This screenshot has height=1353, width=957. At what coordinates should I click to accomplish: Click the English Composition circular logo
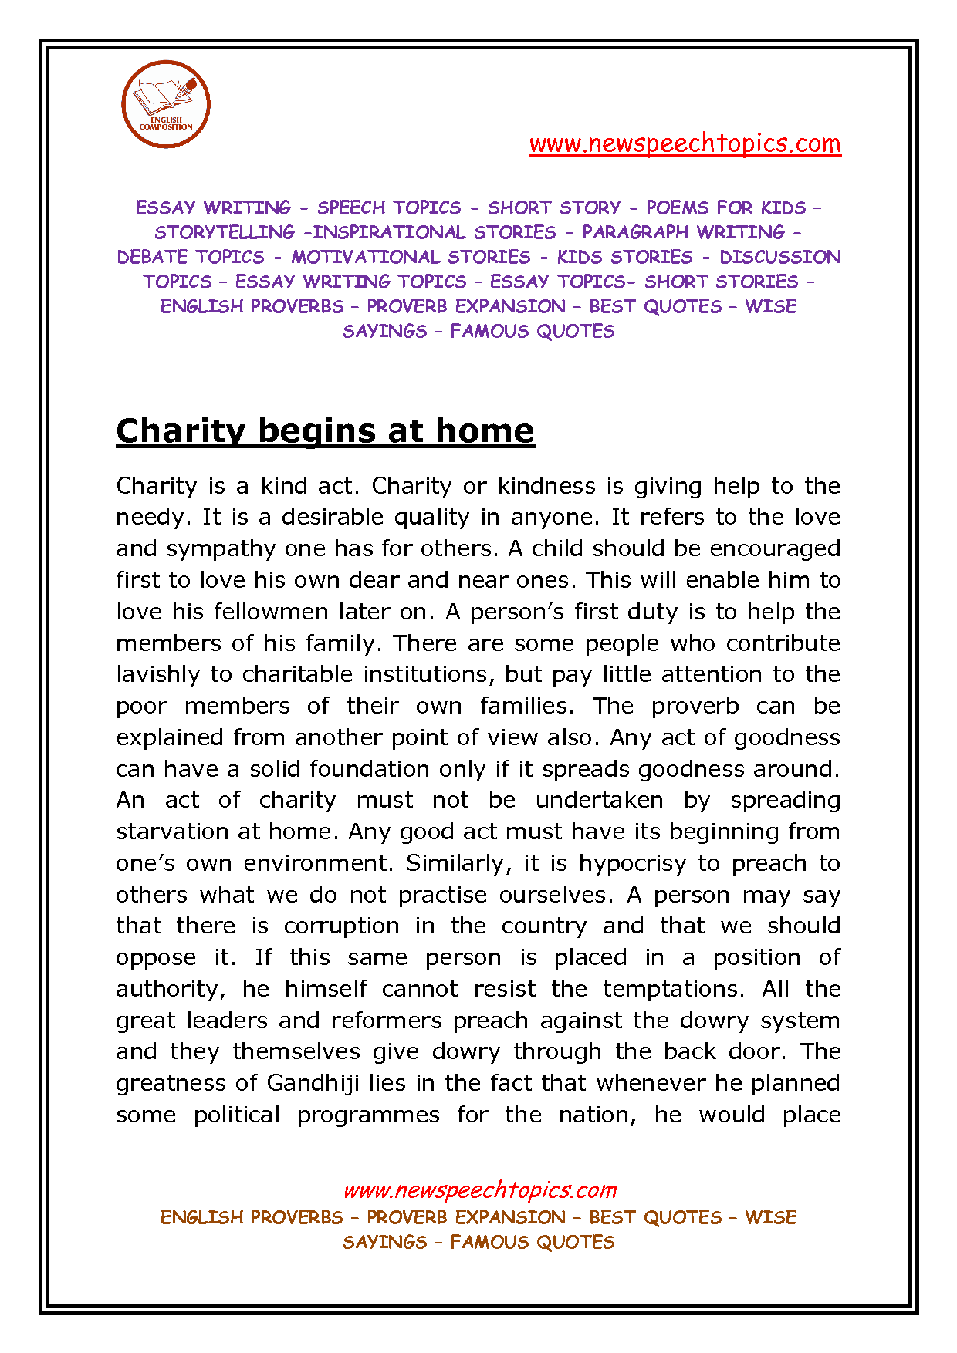166,104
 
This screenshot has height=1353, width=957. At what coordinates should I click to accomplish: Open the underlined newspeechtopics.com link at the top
685,143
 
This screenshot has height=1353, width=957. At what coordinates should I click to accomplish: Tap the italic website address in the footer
479,1189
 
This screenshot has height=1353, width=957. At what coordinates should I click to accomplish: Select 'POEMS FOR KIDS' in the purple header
725,208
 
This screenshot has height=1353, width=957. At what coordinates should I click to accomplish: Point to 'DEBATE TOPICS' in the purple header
191,257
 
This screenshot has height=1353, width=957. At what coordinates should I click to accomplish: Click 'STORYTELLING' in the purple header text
225,232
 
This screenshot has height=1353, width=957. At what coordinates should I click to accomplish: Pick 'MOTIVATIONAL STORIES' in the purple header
411,257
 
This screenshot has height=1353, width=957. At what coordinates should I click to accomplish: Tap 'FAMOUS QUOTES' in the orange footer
533,1242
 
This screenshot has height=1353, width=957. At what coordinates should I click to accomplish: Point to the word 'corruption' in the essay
341,926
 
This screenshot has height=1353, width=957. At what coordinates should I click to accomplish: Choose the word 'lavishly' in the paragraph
158,674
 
